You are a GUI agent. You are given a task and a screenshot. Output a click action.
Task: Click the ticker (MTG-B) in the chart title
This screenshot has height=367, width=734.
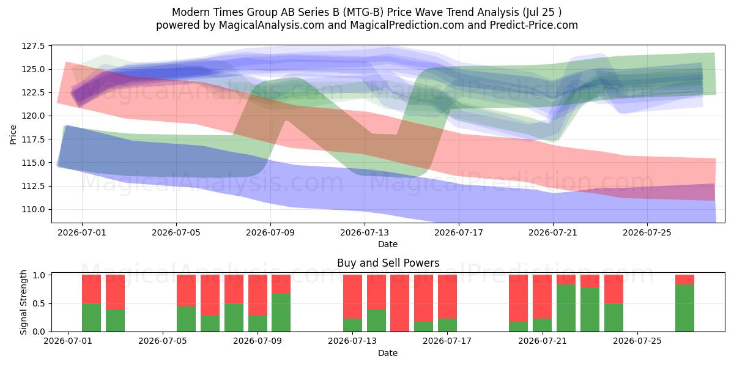coord(363,12)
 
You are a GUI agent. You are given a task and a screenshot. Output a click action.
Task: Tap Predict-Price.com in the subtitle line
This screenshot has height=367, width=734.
coord(534,25)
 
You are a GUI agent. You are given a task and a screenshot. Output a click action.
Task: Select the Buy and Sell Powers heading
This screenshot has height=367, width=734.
coord(388,263)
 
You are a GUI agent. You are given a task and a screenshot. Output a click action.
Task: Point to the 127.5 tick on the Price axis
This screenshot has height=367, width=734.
coord(33,46)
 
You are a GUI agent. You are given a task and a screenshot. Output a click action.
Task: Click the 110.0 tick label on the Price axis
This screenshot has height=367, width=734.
coord(33,209)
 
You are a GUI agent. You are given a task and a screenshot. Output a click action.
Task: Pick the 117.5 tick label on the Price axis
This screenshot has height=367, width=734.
coord(33,139)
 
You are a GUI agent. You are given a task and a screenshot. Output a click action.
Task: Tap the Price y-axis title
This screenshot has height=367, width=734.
coord(13,135)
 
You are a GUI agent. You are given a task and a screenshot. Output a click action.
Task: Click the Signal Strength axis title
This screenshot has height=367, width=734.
coord(23,302)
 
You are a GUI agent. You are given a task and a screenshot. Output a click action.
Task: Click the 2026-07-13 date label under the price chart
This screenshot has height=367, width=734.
coord(365,232)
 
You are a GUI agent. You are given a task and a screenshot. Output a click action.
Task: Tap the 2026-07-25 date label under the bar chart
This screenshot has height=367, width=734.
coord(637,341)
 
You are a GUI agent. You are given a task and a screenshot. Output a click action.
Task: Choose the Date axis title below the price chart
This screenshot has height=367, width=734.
coord(388,244)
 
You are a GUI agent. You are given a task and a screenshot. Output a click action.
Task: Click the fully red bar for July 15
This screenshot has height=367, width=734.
coord(400,303)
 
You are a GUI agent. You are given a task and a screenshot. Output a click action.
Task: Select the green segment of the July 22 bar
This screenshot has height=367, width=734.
coord(566,308)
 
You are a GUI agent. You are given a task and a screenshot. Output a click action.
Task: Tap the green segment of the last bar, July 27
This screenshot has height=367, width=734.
coord(684,308)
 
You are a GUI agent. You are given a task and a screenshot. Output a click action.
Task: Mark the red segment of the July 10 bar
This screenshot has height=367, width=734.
coord(281,284)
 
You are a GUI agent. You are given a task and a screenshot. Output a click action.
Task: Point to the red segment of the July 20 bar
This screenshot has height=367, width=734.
coord(519,298)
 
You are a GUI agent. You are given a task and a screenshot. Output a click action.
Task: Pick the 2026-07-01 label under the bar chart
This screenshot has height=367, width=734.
coord(68,341)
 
